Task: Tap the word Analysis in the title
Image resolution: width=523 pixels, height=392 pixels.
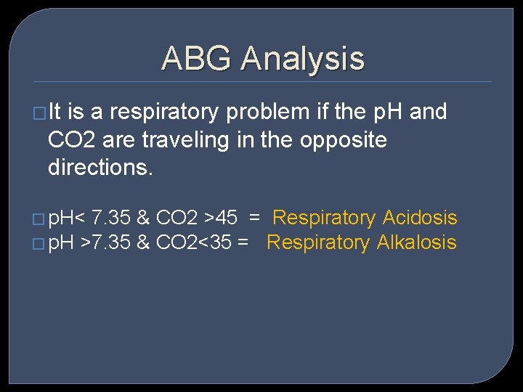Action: pyautogui.click(x=303, y=58)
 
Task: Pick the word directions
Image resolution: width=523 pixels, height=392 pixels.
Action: pyautogui.click(x=100, y=168)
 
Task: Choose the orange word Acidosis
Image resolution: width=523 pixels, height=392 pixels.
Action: pyautogui.click(x=420, y=218)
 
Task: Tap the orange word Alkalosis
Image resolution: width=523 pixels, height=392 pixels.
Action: pyautogui.click(x=417, y=242)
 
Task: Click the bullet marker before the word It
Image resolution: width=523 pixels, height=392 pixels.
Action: pyautogui.click(x=41, y=113)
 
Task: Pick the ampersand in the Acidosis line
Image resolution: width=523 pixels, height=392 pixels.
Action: pyautogui.click(x=144, y=218)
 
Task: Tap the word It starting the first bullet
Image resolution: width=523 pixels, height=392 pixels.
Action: pyautogui.click(x=55, y=113)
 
